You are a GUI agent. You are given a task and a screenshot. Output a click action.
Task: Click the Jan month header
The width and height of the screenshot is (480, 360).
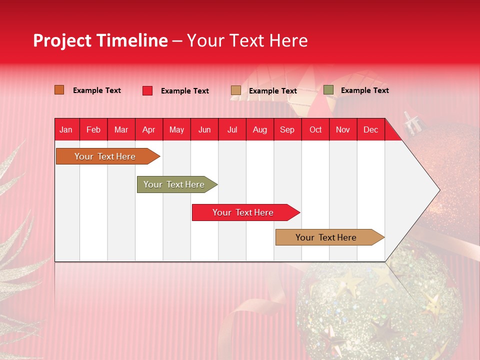(x=66, y=129)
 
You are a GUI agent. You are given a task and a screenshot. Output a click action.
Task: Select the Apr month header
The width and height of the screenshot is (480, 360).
(x=149, y=129)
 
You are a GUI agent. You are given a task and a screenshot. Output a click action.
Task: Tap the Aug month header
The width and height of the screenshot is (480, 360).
(x=260, y=129)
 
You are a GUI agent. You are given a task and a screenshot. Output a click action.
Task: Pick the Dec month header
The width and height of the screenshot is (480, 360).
(x=370, y=129)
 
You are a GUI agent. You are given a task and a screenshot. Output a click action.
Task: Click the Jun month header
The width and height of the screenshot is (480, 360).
(x=204, y=129)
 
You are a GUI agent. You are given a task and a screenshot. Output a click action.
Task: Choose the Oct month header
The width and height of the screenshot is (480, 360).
(x=315, y=129)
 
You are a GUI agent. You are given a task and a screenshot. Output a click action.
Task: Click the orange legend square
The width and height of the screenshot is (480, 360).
(x=59, y=90)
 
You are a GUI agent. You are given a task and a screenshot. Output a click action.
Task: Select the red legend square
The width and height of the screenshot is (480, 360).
(x=147, y=90)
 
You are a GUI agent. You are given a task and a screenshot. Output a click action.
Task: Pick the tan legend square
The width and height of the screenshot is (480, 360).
(x=236, y=90)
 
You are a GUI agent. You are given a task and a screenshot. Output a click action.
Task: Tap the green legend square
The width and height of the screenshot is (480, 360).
(x=328, y=90)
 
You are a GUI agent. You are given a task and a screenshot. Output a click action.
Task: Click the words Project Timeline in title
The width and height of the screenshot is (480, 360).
(x=100, y=40)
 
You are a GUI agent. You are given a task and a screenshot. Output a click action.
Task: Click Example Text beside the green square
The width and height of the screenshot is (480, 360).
(x=364, y=90)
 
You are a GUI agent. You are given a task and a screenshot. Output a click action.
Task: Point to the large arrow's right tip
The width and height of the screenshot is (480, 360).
(x=438, y=190)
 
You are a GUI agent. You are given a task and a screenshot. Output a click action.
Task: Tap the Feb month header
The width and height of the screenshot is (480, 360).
(x=93, y=129)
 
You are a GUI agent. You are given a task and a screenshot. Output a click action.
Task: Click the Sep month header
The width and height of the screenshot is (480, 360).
(x=287, y=129)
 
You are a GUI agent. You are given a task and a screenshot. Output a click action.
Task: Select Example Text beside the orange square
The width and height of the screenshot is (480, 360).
(x=97, y=90)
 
